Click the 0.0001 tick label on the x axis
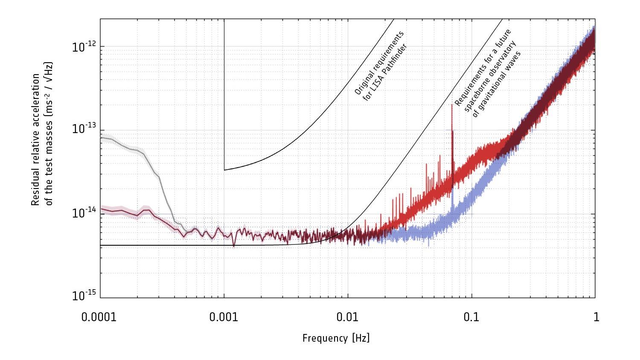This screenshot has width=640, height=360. [99, 317]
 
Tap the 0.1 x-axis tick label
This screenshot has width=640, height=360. [471, 317]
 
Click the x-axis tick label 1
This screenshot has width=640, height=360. [596, 317]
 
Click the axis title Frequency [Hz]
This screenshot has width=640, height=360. [336, 339]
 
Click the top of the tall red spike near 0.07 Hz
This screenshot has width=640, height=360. [452, 105]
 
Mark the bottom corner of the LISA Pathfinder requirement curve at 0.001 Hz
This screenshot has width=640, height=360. [224, 170]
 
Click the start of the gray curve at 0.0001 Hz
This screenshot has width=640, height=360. [101, 137]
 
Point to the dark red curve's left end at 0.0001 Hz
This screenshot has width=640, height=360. [101, 209]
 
